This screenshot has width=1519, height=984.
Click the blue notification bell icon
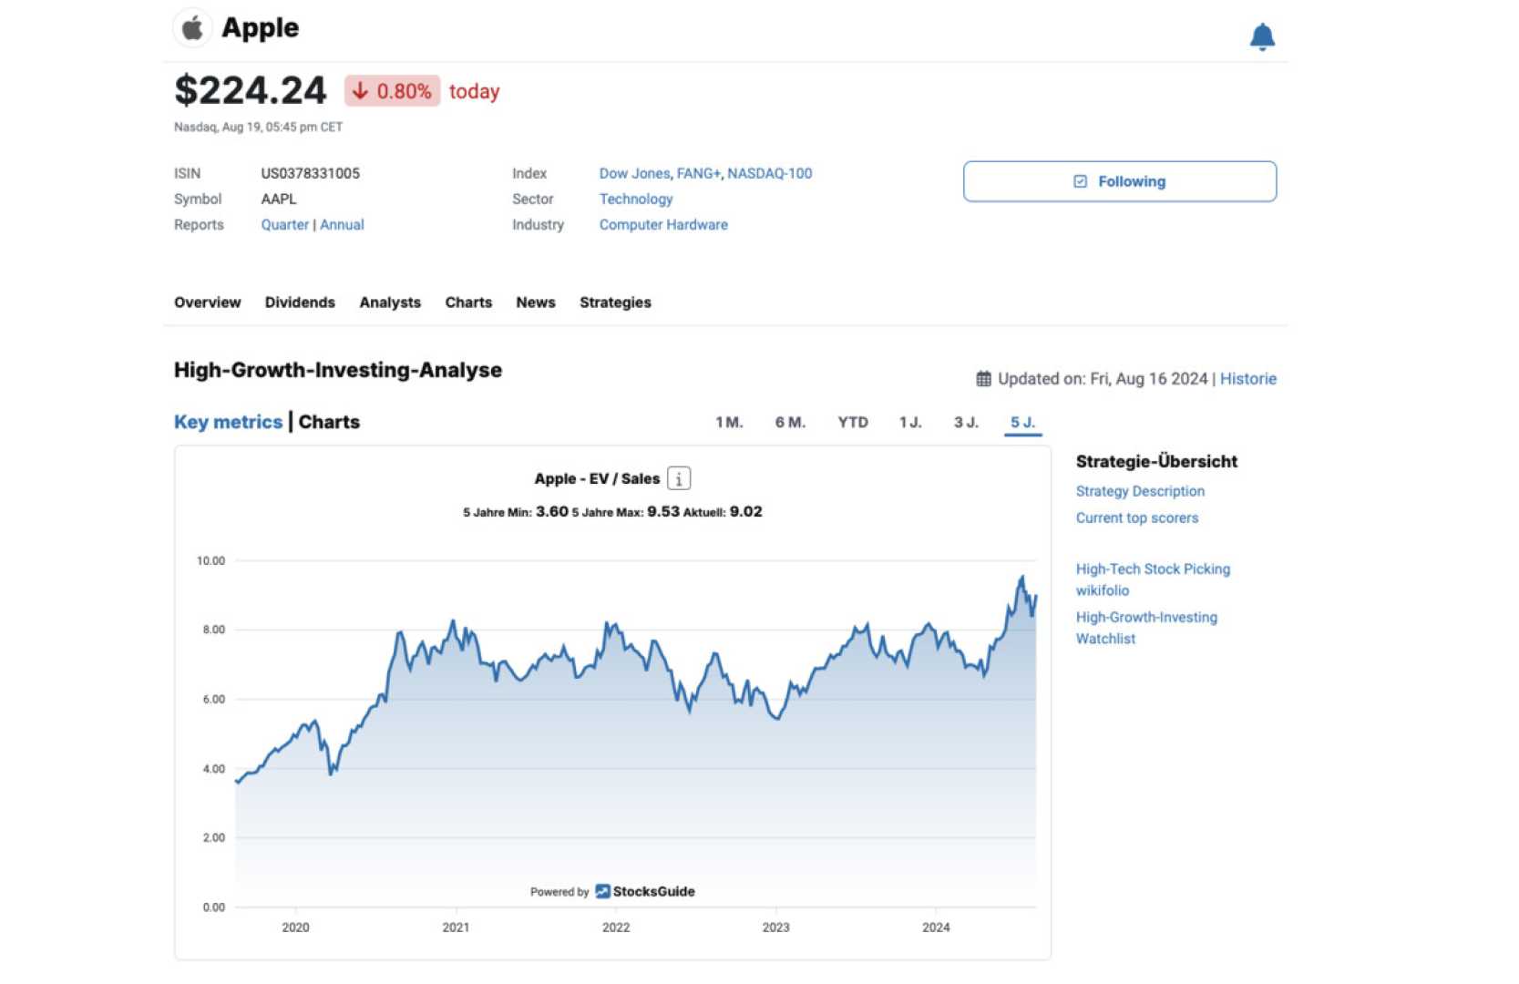pyautogui.click(x=1261, y=36)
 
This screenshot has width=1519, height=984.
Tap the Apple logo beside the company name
pyautogui.click(x=192, y=28)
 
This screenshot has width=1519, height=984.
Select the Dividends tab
pyautogui.click(x=300, y=302)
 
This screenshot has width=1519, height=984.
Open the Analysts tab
pyautogui.click(x=390, y=302)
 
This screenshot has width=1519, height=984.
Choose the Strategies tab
pyautogui.click(x=615, y=302)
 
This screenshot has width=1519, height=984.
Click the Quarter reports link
pyautogui.click(x=284, y=225)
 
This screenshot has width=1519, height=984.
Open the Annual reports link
pyautogui.click(x=342, y=225)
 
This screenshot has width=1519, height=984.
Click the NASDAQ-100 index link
pyautogui.click(x=769, y=173)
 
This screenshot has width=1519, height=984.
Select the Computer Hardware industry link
pyautogui.click(x=663, y=225)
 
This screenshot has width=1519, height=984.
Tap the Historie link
pyautogui.click(x=1247, y=379)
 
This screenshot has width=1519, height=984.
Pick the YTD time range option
pyautogui.click(x=853, y=423)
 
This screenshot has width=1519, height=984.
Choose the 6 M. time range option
pyautogui.click(x=790, y=423)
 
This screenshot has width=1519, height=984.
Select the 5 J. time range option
pyautogui.click(x=1022, y=423)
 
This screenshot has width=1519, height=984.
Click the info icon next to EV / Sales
pyautogui.click(x=679, y=478)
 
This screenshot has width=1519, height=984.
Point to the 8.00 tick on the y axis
pyautogui.click(x=213, y=630)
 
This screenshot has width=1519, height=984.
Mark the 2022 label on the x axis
pyautogui.click(x=616, y=928)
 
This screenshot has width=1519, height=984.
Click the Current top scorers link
pyautogui.click(x=1136, y=518)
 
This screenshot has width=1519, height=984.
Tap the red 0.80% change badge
pyautogui.click(x=393, y=91)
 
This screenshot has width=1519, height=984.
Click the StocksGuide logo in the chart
pyautogui.click(x=645, y=891)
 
